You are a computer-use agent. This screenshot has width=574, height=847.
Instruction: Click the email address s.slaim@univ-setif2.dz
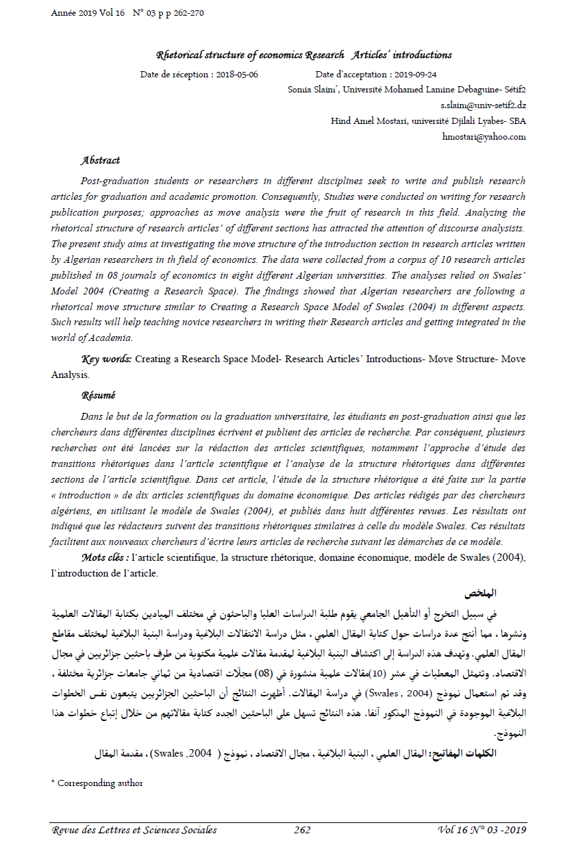484,105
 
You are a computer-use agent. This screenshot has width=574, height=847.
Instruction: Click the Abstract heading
100,160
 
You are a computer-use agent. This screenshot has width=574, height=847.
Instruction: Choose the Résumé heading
99,395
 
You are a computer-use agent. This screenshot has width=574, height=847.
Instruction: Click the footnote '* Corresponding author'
97,783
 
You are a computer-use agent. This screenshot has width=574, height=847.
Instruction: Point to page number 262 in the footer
302,830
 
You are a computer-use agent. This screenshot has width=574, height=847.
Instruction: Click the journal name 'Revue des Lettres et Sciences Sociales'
134,830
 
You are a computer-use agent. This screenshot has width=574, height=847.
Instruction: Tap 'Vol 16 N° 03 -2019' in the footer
482,830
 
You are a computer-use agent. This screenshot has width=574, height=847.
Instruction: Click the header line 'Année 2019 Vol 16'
88,13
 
